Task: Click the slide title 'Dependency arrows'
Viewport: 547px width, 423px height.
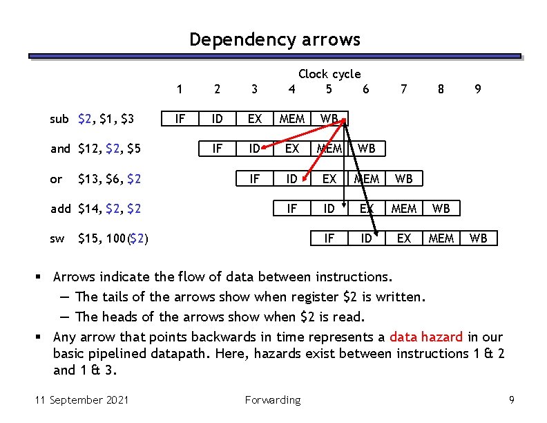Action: point(275,39)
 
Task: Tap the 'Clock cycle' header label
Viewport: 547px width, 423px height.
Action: point(329,74)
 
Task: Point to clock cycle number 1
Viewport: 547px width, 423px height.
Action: point(180,88)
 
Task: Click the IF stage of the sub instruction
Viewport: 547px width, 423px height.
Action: point(180,119)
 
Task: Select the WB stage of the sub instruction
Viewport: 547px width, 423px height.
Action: point(329,119)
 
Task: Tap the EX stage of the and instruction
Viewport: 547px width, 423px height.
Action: point(292,149)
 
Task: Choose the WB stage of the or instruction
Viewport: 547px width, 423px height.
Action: point(403,179)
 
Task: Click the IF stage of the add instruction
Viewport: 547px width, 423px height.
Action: point(292,208)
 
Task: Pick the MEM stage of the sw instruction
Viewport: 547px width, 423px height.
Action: point(441,238)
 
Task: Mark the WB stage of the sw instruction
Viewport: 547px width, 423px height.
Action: point(478,238)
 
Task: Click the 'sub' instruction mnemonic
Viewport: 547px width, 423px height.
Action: point(59,119)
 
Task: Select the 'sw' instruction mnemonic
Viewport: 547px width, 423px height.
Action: point(57,238)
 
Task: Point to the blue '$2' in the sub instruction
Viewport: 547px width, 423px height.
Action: point(87,119)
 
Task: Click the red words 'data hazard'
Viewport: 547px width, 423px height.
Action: point(426,337)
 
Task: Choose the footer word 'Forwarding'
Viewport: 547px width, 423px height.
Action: point(273,399)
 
